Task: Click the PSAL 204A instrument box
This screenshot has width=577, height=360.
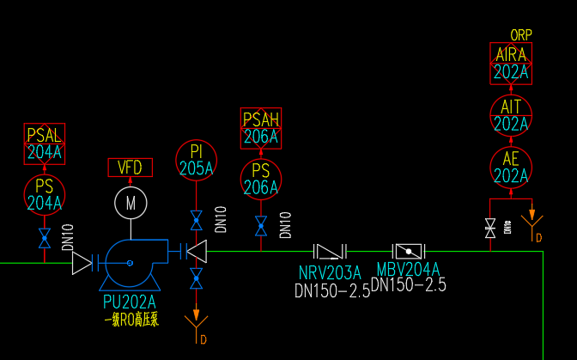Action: (44, 143)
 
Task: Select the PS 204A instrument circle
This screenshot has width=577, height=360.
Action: (44, 195)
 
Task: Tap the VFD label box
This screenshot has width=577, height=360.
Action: (130, 168)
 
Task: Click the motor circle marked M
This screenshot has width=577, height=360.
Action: (131, 203)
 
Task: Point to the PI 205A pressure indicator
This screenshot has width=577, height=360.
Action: (197, 161)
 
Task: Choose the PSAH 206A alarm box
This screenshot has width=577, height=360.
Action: (260, 128)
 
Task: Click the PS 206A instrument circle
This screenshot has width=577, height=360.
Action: (260, 180)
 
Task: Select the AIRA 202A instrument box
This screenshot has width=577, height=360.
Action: (511, 64)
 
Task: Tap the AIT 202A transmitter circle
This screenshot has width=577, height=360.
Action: (511, 115)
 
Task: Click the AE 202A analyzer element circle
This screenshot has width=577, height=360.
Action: (511, 168)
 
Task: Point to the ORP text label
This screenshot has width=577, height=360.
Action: (521, 35)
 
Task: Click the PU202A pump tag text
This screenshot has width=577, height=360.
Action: (130, 302)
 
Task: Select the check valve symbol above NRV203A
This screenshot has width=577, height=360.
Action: (330, 252)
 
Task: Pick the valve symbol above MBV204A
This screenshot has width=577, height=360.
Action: (409, 252)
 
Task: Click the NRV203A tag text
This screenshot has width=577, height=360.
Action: (330, 273)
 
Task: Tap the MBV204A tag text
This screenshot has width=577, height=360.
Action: (408, 269)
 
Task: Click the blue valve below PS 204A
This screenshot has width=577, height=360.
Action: (45, 238)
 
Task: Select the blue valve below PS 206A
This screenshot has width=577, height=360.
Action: (260, 226)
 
